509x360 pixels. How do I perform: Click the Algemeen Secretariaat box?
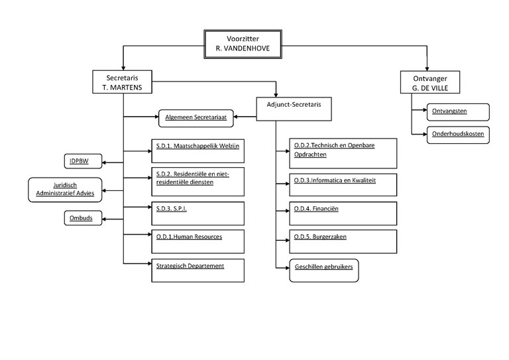coord(197,118)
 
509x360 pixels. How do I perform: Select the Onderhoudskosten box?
coord(458,134)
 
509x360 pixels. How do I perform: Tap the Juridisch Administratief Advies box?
coord(66,189)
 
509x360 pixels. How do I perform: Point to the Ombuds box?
coord(83,217)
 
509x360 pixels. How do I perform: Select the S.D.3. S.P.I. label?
coord(172,208)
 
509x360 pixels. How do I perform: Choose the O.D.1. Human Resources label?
coord(189,236)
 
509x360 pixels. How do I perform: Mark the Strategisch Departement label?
coord(190,265)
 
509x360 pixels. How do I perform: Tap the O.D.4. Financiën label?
coord(316,208)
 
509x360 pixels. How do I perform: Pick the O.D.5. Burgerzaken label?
coord(321,236)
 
